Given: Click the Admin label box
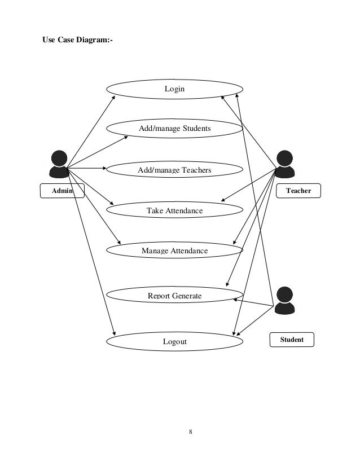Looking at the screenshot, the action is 62,191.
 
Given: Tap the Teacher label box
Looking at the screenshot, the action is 298,191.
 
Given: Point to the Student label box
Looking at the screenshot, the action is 292,340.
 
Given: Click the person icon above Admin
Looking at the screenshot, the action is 59,164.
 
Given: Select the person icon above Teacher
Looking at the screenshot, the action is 285,164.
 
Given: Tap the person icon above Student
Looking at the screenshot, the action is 285,301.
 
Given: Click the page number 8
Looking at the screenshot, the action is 191,432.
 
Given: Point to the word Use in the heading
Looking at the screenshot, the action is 49,40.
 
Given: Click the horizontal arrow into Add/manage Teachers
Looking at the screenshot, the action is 87,168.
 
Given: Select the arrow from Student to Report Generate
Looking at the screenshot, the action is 253,302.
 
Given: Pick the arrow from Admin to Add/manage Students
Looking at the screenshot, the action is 98,152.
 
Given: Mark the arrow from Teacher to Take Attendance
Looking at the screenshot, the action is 249,185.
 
